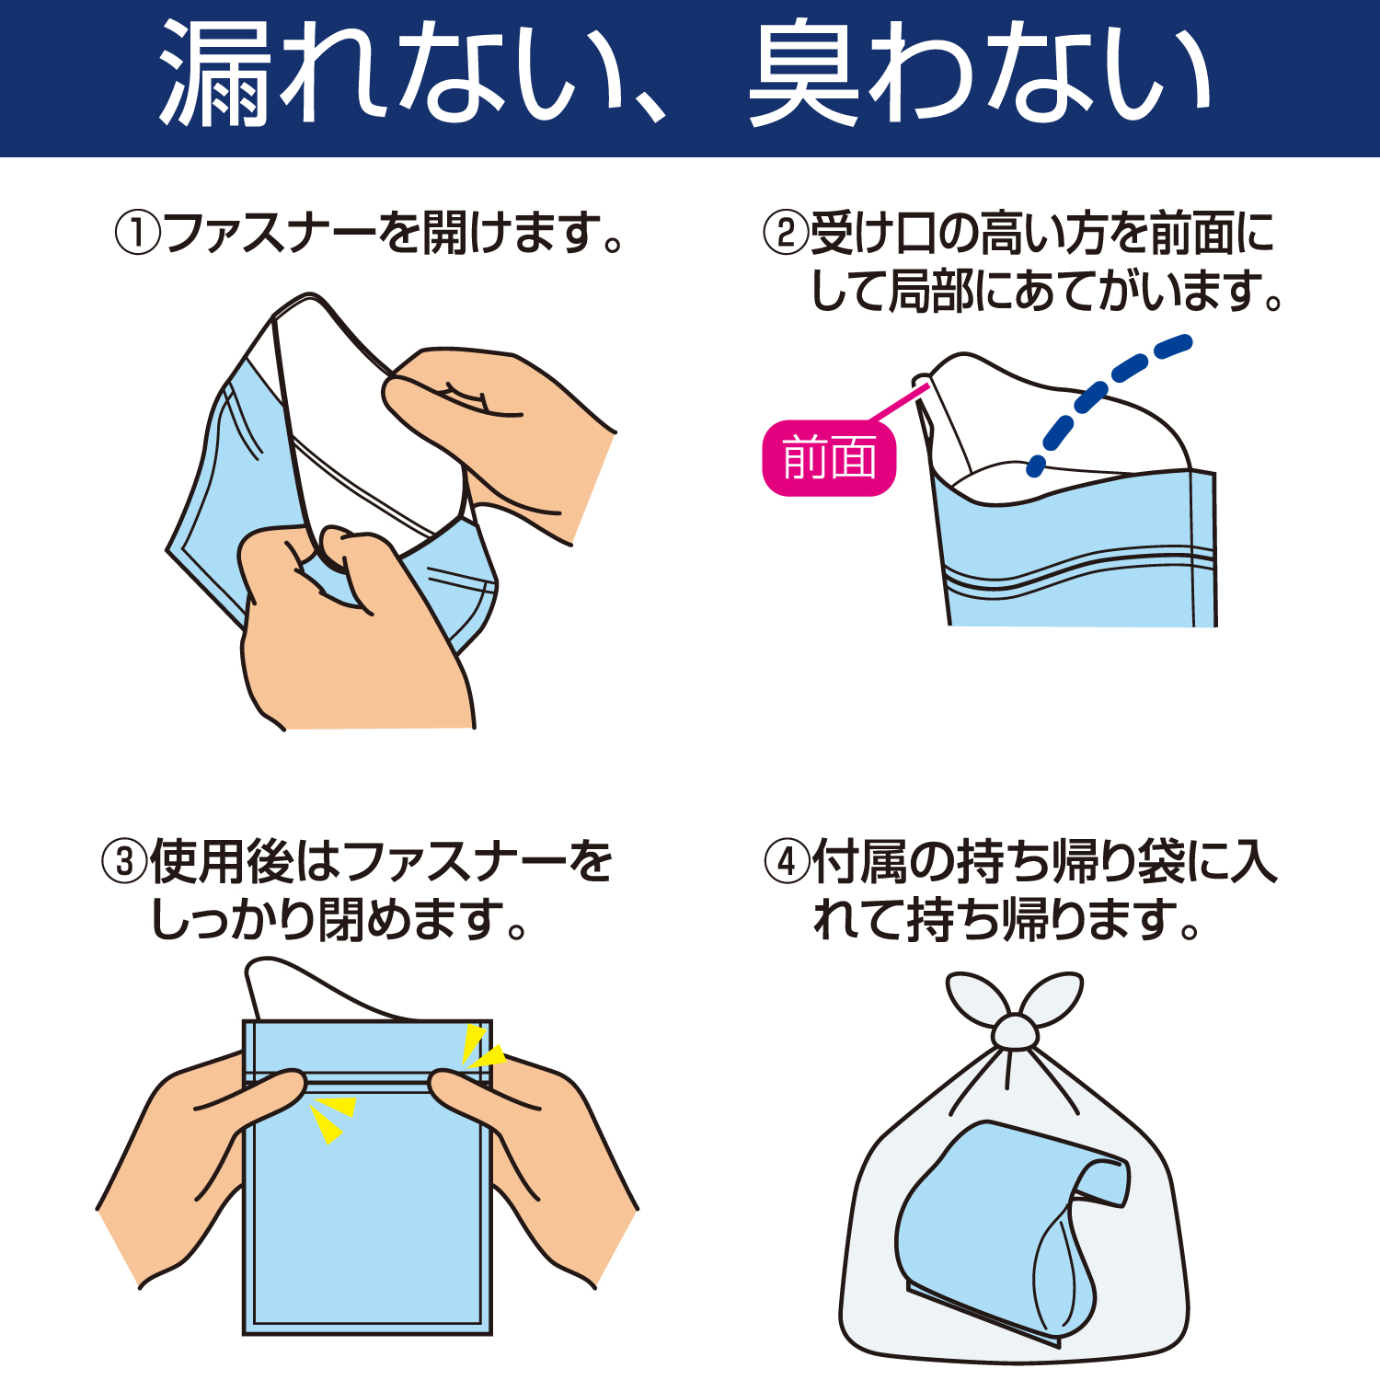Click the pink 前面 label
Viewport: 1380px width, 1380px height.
point(829,458)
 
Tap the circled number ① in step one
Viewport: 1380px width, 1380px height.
point(137,233)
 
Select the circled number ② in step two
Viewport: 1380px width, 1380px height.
point(786,233)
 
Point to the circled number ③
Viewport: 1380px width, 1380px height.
point(124,862)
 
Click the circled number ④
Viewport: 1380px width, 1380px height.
point(787,862)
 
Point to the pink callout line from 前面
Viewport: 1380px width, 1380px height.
point(899,404)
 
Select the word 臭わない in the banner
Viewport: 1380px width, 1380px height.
point(980,74)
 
